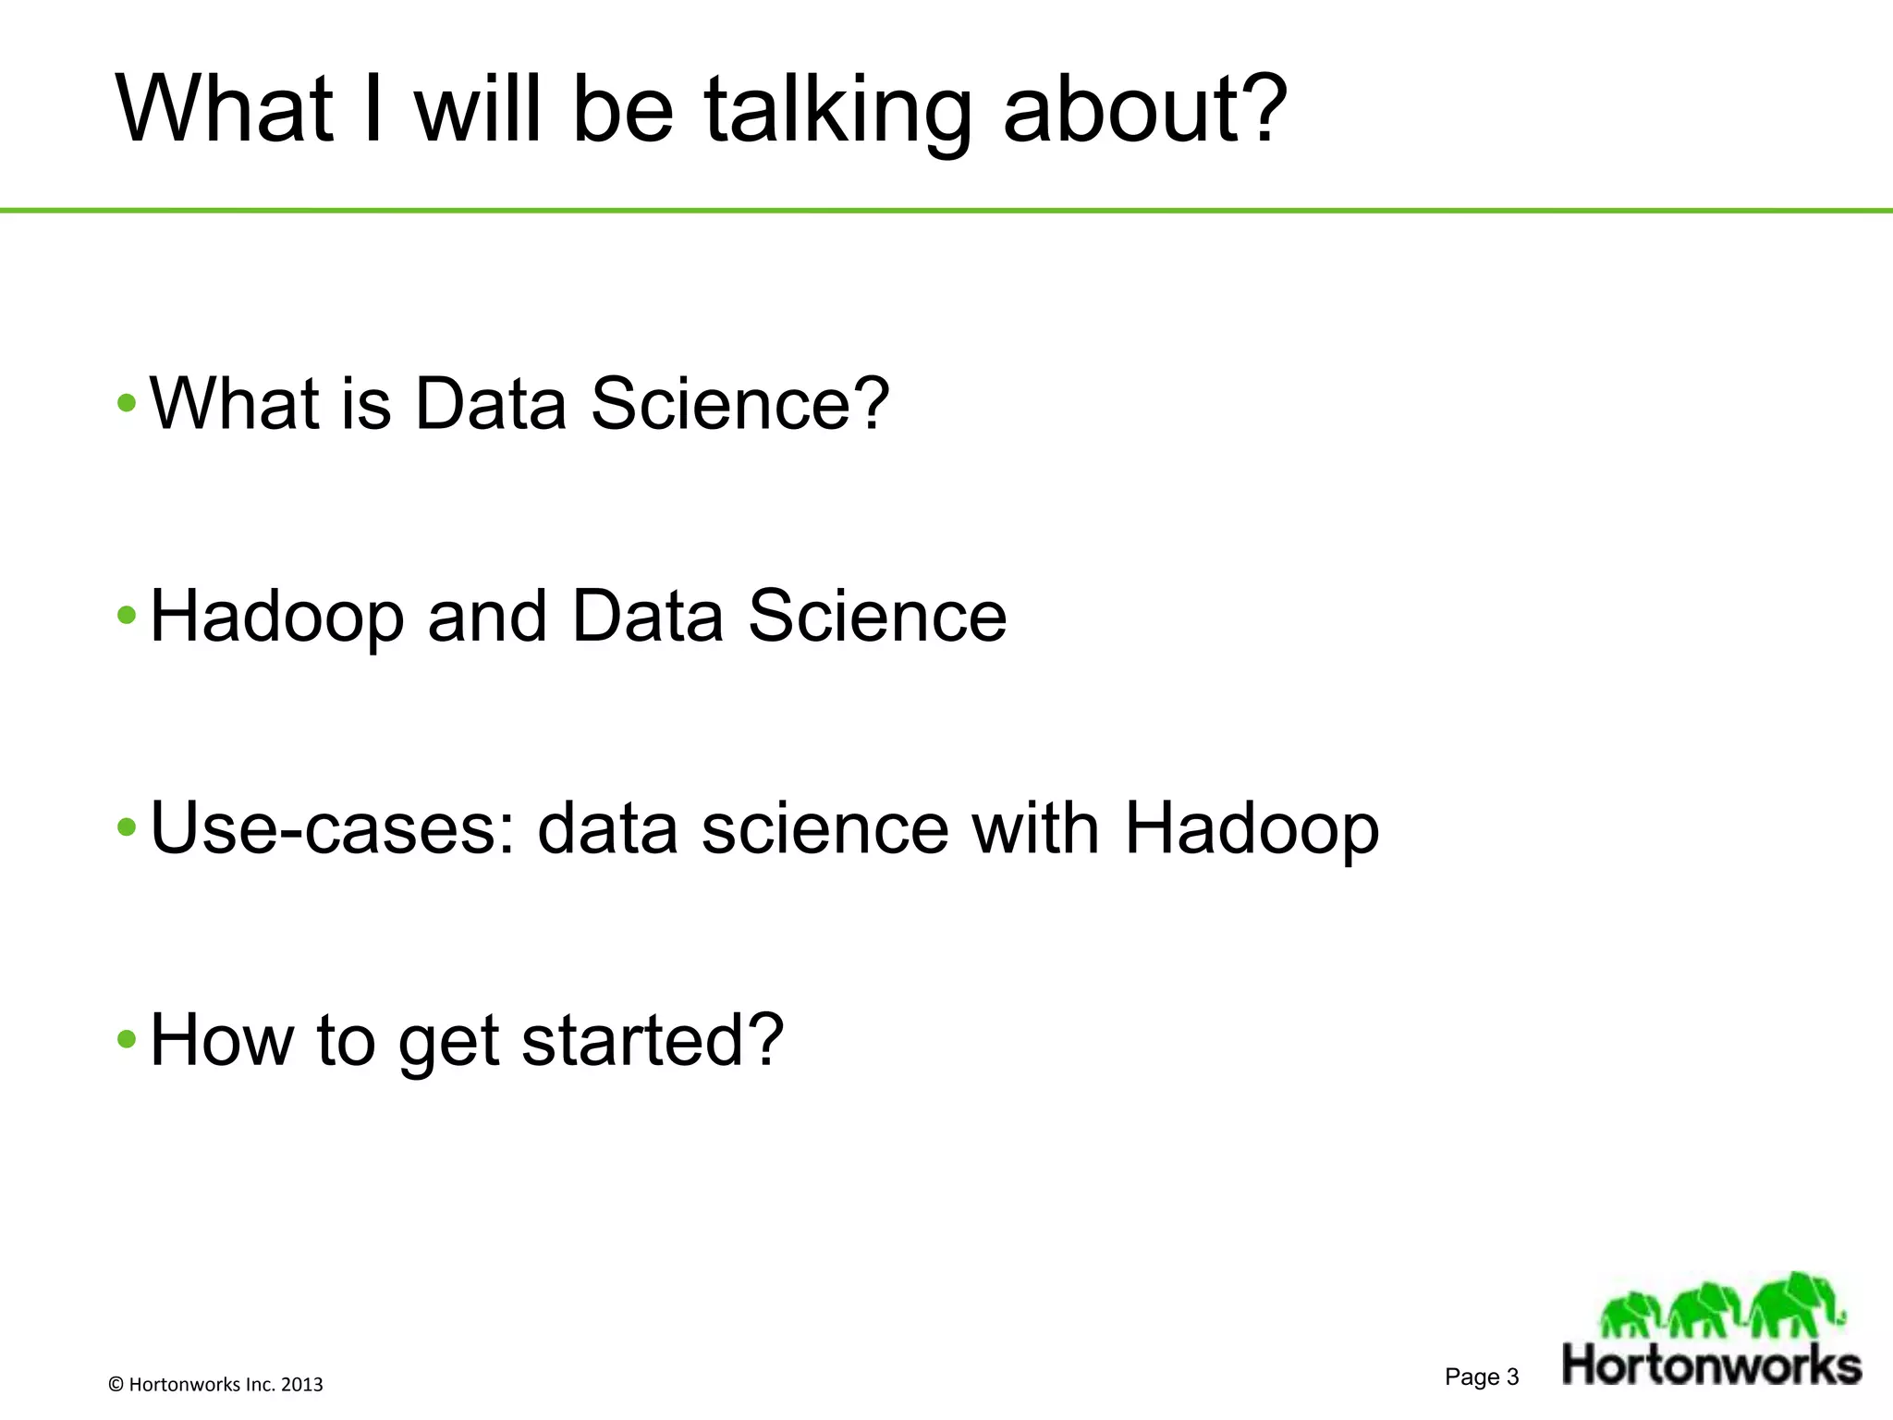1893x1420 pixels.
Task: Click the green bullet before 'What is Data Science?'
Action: coord(128,403)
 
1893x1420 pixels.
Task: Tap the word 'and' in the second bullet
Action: coord(487,616)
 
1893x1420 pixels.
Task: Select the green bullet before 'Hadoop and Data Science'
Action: coord(128,616)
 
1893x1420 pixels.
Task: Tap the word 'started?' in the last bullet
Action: coord(653,1040)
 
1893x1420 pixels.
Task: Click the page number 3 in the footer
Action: coord(1512,1377)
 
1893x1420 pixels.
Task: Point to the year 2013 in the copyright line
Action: coord(301,1385)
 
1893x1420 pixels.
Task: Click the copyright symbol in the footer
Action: coord(116,1385)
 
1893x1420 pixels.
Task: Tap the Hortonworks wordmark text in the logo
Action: coord(1711,1365)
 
